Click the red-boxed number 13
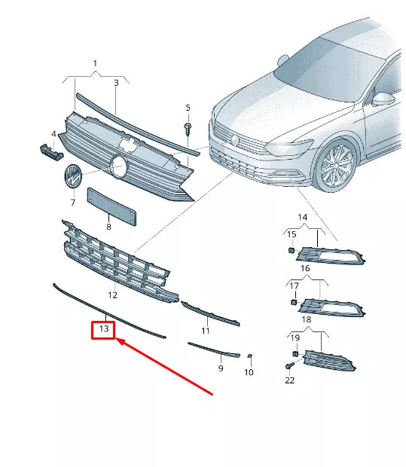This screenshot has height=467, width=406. coord(103,328)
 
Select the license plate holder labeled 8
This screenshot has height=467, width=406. coord(112,206)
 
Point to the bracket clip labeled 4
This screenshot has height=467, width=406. coord(49,151)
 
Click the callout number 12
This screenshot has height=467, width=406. coord(112,295)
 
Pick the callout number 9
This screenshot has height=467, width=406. coord(221,368)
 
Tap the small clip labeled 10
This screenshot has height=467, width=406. coord(249,356)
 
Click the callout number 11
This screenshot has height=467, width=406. coord(205,331)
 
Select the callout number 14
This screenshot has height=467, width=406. coord(303,217)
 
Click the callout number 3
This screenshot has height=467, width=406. coord(116,82)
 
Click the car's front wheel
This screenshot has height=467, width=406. coord(337,166)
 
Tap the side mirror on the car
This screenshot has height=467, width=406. coord(385,99)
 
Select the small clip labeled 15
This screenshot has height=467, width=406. coord(290,250)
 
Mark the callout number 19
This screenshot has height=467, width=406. coord(295,338)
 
